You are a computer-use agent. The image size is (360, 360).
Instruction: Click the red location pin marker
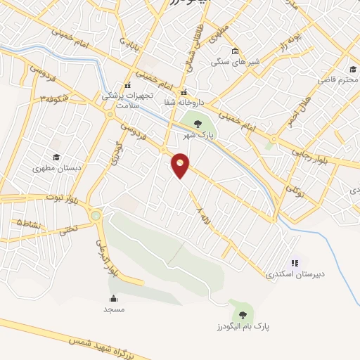181,165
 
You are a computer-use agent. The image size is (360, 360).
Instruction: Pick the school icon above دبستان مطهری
55,157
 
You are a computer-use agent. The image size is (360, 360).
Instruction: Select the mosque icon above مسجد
113,299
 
